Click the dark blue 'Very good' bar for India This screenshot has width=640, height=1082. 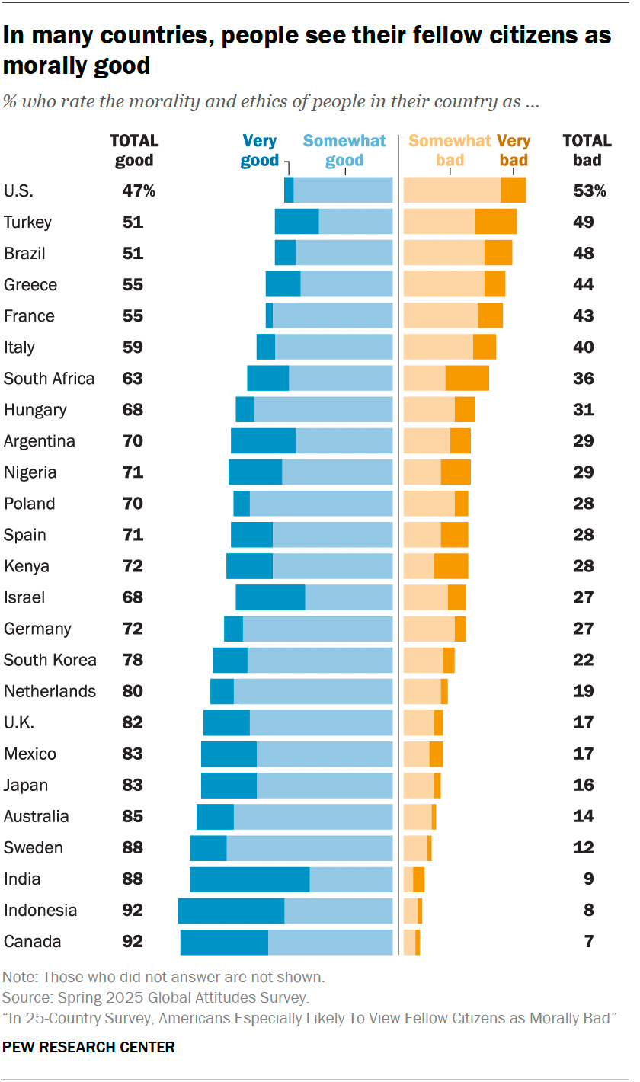coord(249,879)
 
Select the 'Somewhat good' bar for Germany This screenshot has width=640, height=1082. coord(318,629)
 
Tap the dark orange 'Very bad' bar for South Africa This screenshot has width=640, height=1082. coord(467,379)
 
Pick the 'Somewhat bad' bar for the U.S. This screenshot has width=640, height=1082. coord(452,190)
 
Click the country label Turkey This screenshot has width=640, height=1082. coord(28,222)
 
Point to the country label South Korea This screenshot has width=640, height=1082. coord(50,660)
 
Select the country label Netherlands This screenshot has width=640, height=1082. coord(50,691)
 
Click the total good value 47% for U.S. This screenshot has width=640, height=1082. coord(139,191)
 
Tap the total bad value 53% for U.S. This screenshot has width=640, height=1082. coord(589,191)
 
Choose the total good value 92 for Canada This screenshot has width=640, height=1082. coord(133,942)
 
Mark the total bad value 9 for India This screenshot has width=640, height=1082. coord(589,879)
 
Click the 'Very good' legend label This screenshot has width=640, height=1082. coord(259,150)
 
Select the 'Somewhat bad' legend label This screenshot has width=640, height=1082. coord(450,150)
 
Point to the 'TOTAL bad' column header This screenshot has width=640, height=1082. coord(587,150)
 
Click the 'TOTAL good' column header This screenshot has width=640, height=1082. coord(134,150)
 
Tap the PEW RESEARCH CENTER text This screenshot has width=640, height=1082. coord(89,1047)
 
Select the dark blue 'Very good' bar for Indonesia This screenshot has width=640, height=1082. coord(231,910)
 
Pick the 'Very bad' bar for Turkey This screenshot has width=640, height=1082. coord(496,222)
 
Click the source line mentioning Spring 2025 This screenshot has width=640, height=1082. coord(155,997)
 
